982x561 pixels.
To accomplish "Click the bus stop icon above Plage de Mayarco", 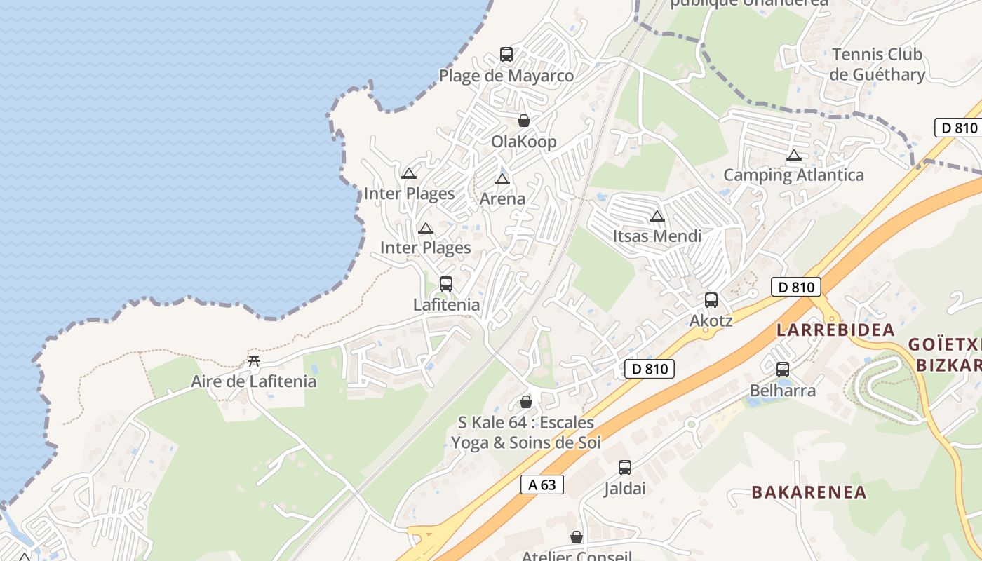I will (506, 54).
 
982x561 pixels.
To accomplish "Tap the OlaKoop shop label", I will (523, 142).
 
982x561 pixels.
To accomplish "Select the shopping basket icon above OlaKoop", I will (523, 121).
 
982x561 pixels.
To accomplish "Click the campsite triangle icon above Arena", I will (502, 179).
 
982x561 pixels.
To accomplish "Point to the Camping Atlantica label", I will (793, 175).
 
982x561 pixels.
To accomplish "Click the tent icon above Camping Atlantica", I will (793, 155).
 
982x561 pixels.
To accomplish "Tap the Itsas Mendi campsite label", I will (657, 236).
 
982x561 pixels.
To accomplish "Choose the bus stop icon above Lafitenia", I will (445, 284).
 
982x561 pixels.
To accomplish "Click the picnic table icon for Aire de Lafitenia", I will (254, 361).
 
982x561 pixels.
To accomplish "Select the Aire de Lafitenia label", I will (253, 382).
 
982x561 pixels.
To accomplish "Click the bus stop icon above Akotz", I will (711, 300).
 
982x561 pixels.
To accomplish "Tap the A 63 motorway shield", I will (542, 485).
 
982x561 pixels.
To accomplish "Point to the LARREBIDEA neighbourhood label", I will (835, 330).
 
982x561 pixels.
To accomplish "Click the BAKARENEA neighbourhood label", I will (809, 492).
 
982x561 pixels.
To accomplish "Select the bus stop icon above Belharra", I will (782, 370).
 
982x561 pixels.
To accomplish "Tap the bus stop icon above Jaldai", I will (624, 468).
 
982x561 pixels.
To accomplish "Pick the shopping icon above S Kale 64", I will (525, 402).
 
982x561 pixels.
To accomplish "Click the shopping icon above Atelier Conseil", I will (576, 537).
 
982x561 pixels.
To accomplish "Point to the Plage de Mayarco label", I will (506, 76).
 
